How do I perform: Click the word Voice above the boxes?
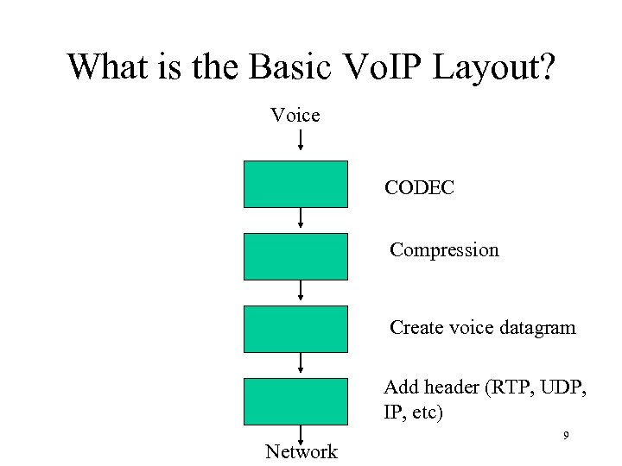pos(295,115)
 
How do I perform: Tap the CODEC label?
pos(420,187)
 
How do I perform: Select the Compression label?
pos(444,250)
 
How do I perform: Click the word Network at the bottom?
pos(301,451)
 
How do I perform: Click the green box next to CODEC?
pos(295,184)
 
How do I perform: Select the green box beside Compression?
pos(295,256)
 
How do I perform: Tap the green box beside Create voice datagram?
pos(295,329)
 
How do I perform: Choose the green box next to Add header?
pos(295,401)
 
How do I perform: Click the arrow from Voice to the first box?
pos(300,141)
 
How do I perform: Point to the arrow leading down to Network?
pos(300,434)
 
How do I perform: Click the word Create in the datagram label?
pos(417,328)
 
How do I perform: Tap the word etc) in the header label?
pos(425,412)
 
